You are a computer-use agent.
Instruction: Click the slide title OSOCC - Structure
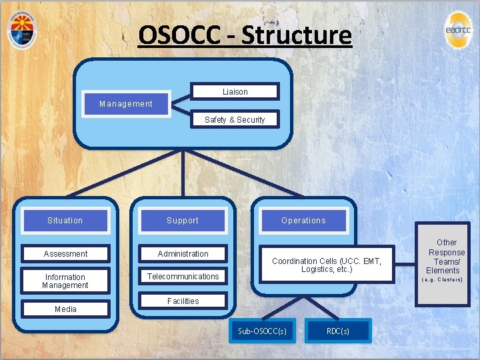pyautogui.click(x=245, y=35)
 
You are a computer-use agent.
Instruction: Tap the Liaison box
pyautogui.click(x=235, y=92)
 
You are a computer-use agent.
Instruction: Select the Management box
pyautogui.click(x=126, y=104)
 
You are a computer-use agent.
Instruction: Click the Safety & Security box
pyautogui.click(x=235, y=120)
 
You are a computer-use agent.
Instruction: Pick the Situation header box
pyautogui.click(x=65, y=221)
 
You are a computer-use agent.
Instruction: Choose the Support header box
pyautogui.click(x=183, y=221)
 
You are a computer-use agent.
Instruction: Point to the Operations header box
pyautogui.click(x=303, y=221)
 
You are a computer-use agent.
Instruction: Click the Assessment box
pyautogui.click(x=65, y=254)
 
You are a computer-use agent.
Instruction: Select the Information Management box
pyautogui.click(x=65, y=281)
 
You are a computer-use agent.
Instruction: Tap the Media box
pyautogui.click(x=65, y=309)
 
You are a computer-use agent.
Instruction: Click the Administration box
pyautogui.click(x=183, y=254)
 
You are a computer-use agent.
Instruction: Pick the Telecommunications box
pyautogui.click(x=183, y=277)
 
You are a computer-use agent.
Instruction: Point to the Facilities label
pyautogui.click(x=183, y=301)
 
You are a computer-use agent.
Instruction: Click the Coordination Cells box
pyautogui.click(x=326, y=265)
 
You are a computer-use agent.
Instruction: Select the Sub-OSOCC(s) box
pyautogui.click(x=263, y=331)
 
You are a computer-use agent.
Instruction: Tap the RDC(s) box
pyautogui.click(x=337, y=331)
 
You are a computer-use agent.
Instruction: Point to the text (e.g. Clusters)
pyautogui.click(x=443, y=280)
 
